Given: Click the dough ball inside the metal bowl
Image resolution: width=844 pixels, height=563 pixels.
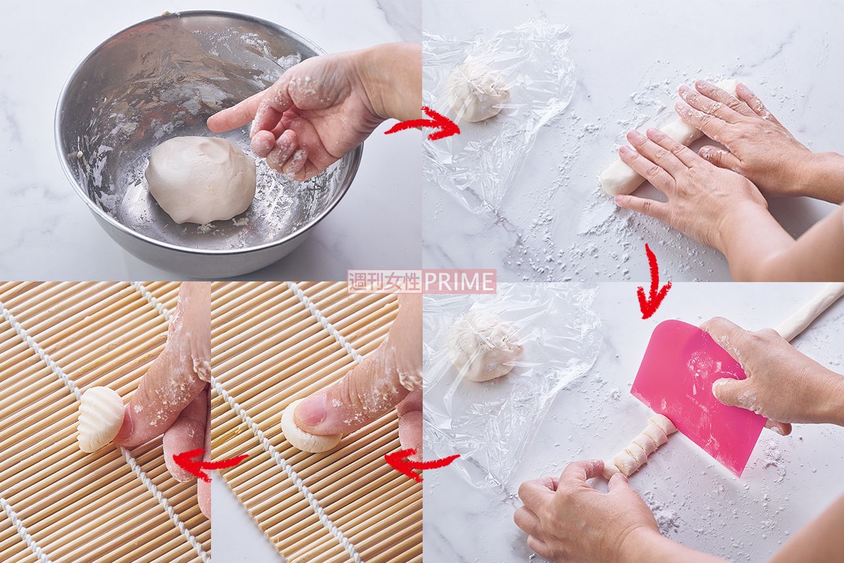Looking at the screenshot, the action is pos(200,180).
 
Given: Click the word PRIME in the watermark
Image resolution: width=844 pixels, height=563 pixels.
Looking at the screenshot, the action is pos(458,281).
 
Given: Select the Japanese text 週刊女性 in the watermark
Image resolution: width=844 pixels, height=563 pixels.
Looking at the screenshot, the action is pos(384,281).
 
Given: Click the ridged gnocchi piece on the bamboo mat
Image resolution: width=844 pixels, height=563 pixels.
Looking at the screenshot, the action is pos(101,419).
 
